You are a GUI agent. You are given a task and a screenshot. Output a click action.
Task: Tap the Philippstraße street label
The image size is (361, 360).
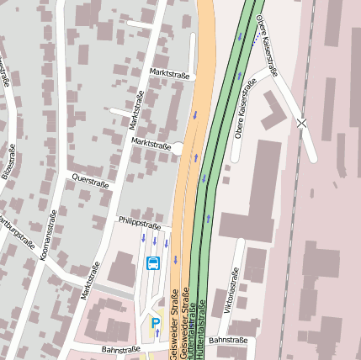[x=139, y=225]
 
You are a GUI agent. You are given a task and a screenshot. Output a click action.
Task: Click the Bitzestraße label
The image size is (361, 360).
[x=8, y=166]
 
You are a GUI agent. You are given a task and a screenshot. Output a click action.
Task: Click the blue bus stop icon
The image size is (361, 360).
[x=153, y=263]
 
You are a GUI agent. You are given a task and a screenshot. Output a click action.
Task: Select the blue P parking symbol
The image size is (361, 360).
[x=155, y=322]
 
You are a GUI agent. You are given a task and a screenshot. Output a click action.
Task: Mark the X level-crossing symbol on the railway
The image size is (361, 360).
[x=301, y=123]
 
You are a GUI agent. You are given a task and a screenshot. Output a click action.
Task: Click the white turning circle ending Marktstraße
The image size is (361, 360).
[x=178, y=149]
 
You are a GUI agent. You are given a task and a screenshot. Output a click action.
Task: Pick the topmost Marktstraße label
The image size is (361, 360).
[x=169, y=74]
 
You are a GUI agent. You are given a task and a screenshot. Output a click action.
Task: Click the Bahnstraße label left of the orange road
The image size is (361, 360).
[x=119, y=349]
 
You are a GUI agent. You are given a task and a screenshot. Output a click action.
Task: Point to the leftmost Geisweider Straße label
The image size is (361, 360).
[x=173, y=332]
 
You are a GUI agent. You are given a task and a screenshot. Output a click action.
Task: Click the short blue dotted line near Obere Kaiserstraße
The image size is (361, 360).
[x=256, y=38]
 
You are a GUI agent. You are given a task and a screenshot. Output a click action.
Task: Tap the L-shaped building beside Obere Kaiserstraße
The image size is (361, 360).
[x=272, y=110]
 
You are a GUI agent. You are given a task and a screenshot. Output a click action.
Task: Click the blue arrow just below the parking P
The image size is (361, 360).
[x=156, y=335]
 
